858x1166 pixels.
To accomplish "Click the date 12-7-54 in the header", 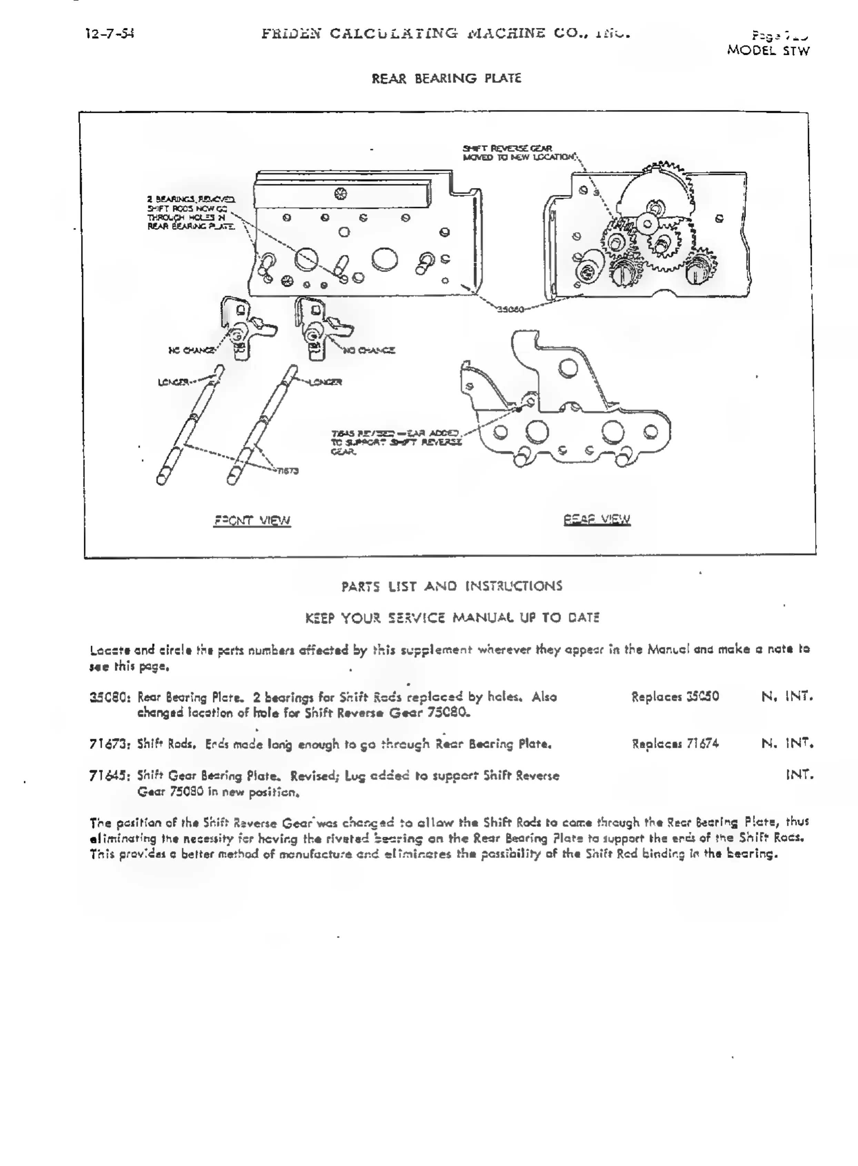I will click(110, 34).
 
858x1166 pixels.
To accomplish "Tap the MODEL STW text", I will click(768, 50).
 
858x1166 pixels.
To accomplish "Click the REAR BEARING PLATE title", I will click(446, 78).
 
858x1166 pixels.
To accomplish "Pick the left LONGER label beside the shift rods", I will click(173, 382).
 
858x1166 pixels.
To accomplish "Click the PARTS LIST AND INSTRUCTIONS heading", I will click(451, 586).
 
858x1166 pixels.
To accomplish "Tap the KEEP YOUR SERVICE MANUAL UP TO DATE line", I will click(452, 617).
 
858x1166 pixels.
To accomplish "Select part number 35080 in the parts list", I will click(111, 697).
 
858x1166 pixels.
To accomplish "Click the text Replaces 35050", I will click(675, 696).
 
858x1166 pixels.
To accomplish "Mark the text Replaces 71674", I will click(675, 743).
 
